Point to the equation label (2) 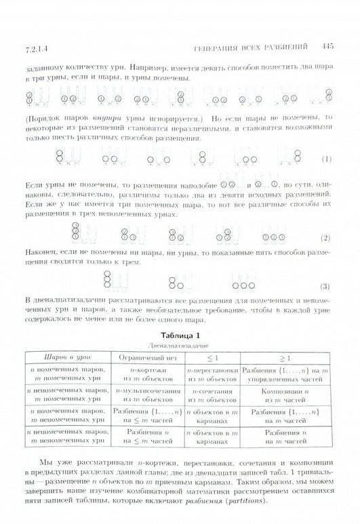coord(325,238)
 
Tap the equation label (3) coord(325,285)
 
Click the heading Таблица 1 coord(180,334)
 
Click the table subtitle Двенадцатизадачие coord(180,344)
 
